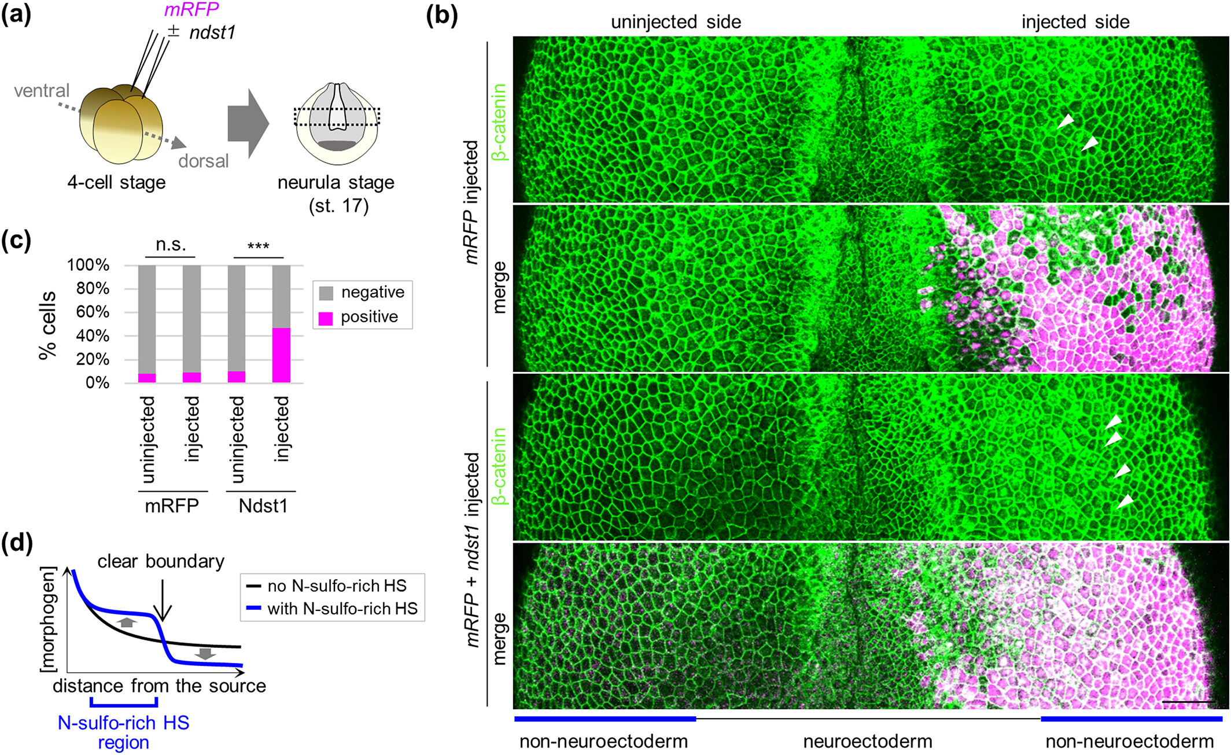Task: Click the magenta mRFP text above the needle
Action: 191,10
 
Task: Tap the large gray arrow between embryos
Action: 248,123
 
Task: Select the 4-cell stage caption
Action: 116,182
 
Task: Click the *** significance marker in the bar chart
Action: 258,247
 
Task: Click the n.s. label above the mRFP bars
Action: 171,245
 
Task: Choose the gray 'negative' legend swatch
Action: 326,293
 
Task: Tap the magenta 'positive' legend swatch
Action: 326,318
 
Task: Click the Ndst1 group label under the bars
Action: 263,506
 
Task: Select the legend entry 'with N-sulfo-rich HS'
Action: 342,609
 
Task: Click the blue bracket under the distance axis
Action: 123,704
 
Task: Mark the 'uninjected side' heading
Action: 676,22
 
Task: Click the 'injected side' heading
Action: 1075,22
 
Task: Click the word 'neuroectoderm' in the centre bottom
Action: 867,741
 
